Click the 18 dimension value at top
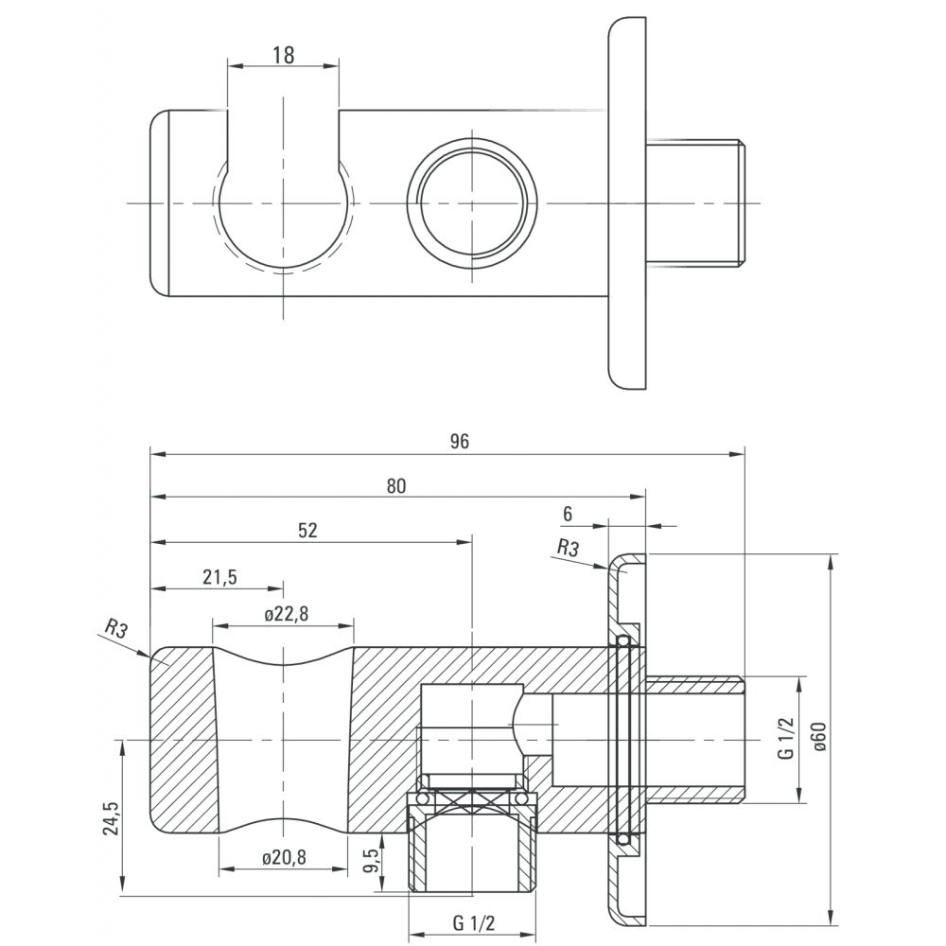tap(283, 55)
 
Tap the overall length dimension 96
tap(459, 442)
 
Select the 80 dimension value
tap(395, 486)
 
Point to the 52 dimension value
tap(307, 531)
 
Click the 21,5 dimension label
tap(219, 577)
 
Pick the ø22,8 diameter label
tap(287, 614)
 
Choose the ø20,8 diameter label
tap(285, 857)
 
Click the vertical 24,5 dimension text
tap(111, 817)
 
